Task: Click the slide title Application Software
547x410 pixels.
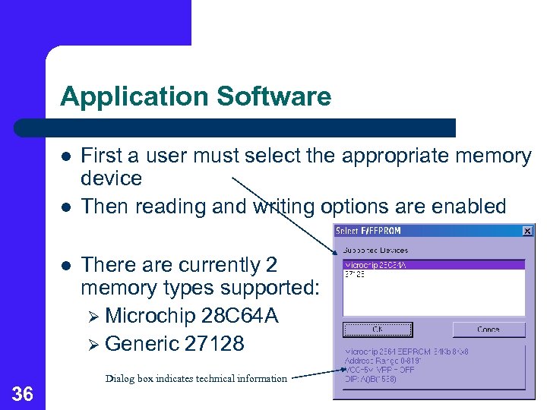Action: click(195, 96)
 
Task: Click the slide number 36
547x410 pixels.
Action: click(23, 393)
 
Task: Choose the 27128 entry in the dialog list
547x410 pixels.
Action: click(355, 274)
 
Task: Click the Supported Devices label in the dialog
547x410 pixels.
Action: click(375, 250)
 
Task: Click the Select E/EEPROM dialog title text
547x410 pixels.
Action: click(368, 231)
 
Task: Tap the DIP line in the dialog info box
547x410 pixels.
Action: click(371, 379)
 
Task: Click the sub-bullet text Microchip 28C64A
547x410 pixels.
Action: click(191, 316)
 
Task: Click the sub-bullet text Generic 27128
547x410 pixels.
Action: click(175, 344)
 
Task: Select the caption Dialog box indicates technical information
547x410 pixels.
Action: click(197, 378)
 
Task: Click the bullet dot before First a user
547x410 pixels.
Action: click(66, 156)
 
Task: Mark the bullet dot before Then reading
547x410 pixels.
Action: click(66, 207)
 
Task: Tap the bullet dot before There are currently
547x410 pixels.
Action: click(66, 266)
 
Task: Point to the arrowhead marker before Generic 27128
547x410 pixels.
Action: click(93, 345)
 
